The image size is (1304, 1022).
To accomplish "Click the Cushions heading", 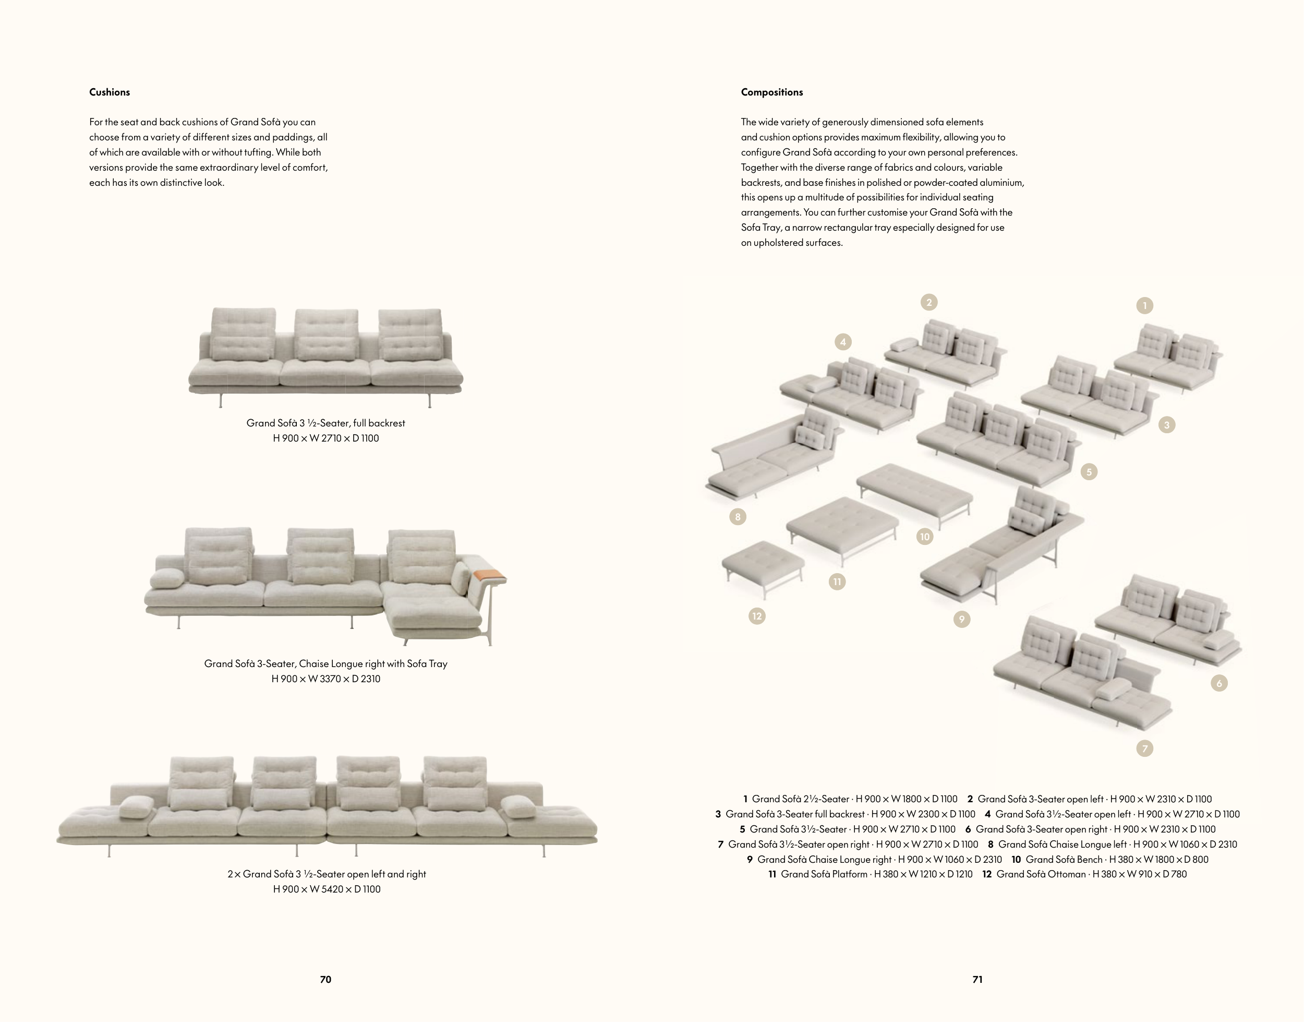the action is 110,92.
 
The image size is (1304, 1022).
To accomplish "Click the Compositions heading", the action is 772,92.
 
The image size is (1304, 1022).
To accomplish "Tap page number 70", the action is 325,980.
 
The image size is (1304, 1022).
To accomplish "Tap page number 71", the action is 977,980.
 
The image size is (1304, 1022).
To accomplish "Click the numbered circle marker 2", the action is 928,302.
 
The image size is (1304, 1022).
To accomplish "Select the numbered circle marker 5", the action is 1089,472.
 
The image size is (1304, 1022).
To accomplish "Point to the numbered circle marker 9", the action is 961,619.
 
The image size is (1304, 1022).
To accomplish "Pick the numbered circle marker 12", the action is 757,616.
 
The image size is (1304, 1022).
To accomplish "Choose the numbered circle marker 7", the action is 1144,748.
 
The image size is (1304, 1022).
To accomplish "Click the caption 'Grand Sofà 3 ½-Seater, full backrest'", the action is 326,423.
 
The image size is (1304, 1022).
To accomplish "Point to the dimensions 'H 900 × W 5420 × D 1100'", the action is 327,889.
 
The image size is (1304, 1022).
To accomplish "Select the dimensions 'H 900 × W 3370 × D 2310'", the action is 326,679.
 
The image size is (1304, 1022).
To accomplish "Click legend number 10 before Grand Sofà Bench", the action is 1017,859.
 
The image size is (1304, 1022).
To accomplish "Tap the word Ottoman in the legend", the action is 1067,874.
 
